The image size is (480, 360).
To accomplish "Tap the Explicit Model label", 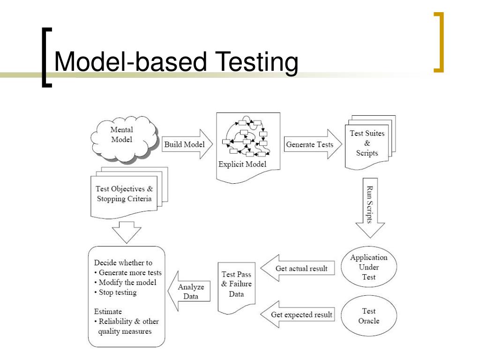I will [x=242, y=164].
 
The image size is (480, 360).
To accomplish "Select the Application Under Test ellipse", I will [x=369, y=267].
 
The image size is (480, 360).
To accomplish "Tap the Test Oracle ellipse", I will [x=369, y=316].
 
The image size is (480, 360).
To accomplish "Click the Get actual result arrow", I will [x=300, y=269].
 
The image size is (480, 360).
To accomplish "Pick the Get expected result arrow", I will [x=300, y=315].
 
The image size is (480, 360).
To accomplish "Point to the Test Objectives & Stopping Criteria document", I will [x=125, y=194].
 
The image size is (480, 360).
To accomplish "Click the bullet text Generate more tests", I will [x=130, y=273].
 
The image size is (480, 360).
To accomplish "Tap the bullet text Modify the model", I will [x=127, y=283].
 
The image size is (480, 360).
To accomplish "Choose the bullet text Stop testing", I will [x=118, y=292].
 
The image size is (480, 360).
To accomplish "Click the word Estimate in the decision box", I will [x=108, y=311].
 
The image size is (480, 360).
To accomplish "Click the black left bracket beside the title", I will [x=46, y=57].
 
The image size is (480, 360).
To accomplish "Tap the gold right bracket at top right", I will [x=439, y=42].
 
